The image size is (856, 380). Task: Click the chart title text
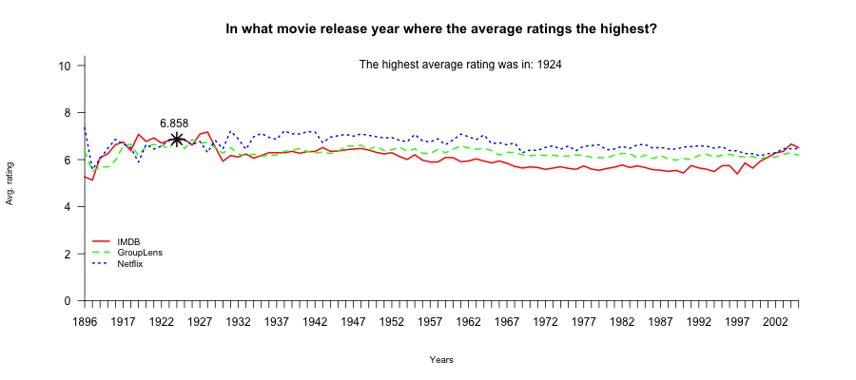[441, 28]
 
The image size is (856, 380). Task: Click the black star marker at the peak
[177, 140]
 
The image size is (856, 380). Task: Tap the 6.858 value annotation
[174, 123]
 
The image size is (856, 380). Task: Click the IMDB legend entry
[127, 242]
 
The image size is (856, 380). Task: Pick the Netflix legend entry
[130, 263]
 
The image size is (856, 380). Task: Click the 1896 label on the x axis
[86, 323]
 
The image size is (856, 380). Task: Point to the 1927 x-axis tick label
[200, 323]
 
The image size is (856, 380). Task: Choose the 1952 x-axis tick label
[392, 323]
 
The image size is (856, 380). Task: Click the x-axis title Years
[441, 360]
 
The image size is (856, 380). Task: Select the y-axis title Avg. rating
[10, 183]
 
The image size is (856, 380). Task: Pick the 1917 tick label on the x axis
[123, 323]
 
